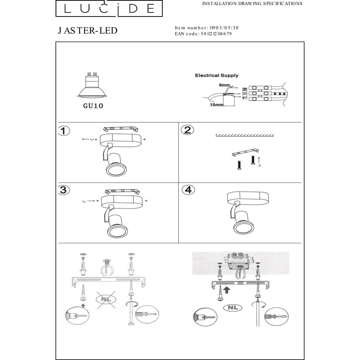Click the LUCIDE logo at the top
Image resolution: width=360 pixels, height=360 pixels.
tap(109, 9)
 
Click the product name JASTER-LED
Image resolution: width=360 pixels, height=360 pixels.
tap(88, 31)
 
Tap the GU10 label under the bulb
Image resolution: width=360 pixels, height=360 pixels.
tap(93, 106)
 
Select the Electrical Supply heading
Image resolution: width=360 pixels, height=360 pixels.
tap(217, 75)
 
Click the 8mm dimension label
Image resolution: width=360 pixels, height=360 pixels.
tap(224, 85)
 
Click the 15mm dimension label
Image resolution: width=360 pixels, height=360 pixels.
tap(216, 105)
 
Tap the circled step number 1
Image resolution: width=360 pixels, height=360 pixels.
tap(64, 131)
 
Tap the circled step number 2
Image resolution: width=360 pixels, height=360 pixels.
tap(187, 130)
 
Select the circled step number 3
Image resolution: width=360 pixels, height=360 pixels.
tap(64, 190)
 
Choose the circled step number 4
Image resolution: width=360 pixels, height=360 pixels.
tap(188, 190)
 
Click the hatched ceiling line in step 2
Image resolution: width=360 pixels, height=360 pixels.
tap(245, 135)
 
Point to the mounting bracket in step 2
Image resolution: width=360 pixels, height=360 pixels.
tap(245, 152)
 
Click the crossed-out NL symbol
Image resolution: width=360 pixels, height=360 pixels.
tap(106, 300)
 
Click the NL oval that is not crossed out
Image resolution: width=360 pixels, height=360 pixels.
tap(233, 307)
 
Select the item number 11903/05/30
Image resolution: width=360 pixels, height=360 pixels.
tap(224, 28)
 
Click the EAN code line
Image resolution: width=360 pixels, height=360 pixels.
tap(203, 34)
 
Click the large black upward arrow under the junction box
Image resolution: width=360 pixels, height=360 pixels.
tap(226, 290)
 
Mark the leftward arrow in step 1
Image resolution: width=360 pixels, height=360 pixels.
tap(86, 139)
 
